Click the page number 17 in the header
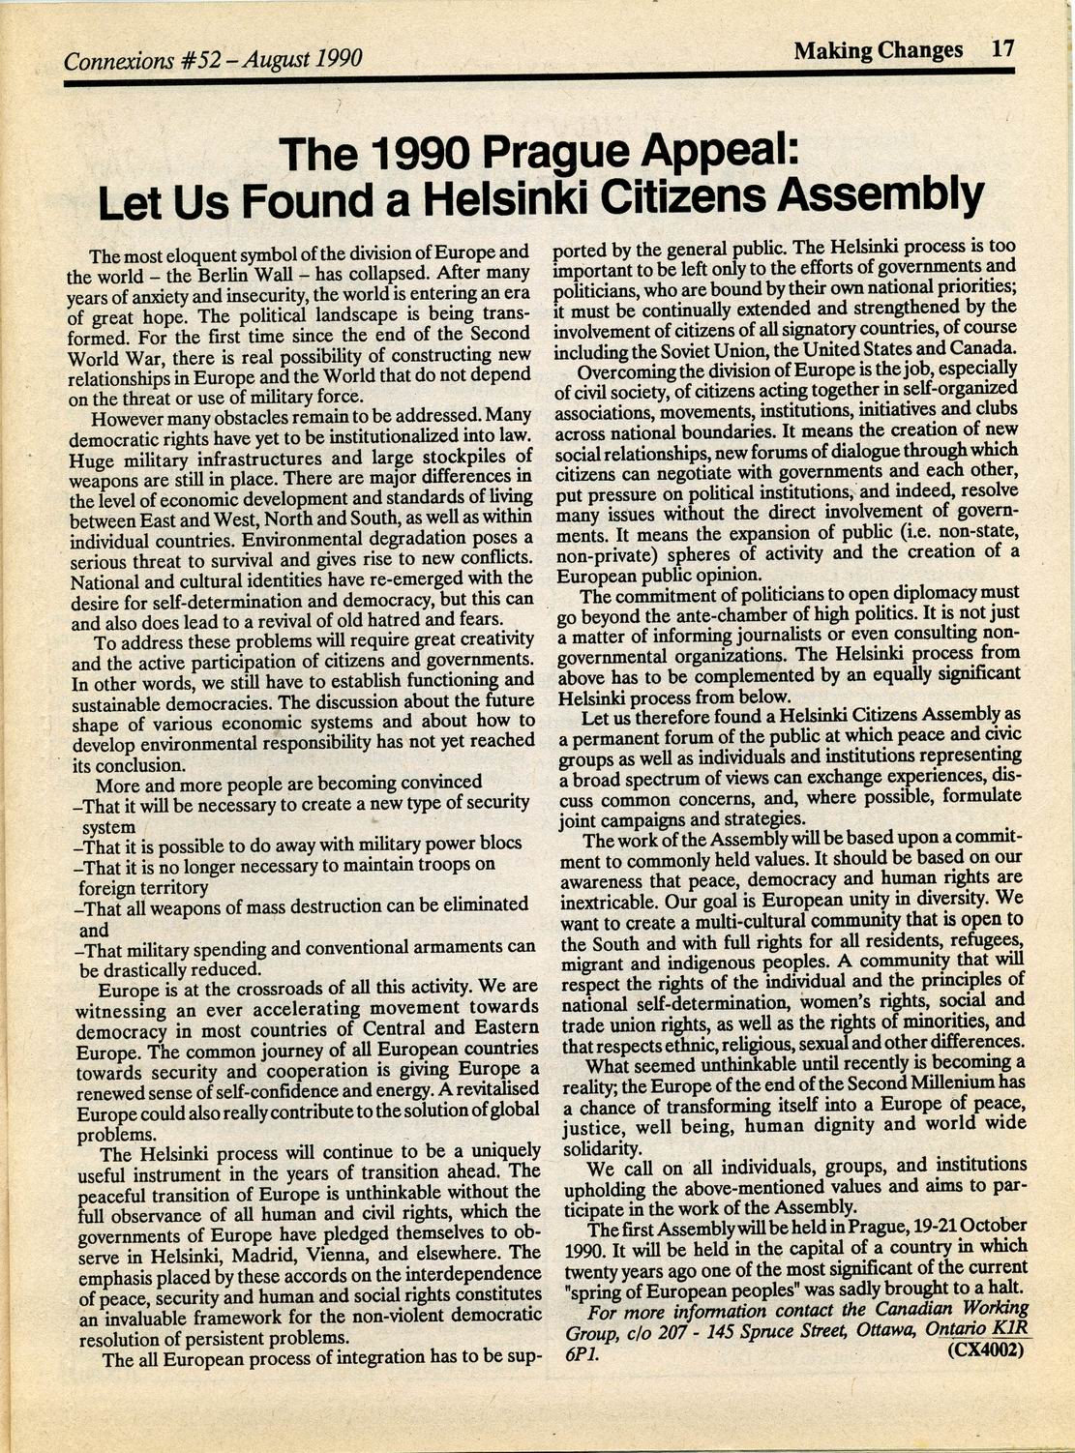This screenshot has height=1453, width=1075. (x=1002, y=49)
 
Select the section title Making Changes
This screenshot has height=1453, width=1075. (x=878, y=50)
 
